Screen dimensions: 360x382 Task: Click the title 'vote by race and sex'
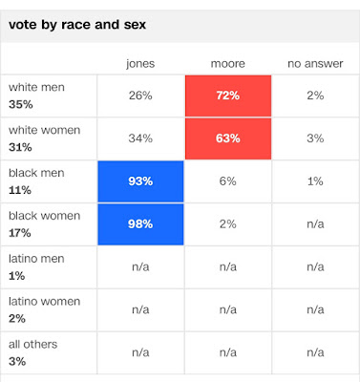(77, 25)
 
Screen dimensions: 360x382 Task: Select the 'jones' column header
(140, 64)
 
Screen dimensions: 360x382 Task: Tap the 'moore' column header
(228, 64)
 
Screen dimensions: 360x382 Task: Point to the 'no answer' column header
(315, 64)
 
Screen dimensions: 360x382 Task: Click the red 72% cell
(228, 95)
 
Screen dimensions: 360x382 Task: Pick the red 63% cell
(228, 138)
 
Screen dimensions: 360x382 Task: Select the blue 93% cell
(140, 181)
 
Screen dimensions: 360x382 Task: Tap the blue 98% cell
(140, 224)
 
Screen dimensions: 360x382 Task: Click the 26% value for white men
(140, 95)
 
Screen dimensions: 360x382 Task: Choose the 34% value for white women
(140, 138)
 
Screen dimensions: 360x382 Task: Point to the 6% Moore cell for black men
(228, 181)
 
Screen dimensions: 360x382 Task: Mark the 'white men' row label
(36, 87)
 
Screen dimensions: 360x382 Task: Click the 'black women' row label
(44, 216)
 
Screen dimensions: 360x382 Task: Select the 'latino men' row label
(36, 259)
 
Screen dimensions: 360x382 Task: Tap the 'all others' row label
(33, 344)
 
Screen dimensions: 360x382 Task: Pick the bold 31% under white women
(20, 147)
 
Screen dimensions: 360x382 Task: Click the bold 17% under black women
(20, 233)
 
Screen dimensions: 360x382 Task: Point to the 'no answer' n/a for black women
(315, 224)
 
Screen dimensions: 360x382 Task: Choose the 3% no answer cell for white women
(315, 138)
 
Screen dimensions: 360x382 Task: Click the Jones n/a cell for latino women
(140, 309)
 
